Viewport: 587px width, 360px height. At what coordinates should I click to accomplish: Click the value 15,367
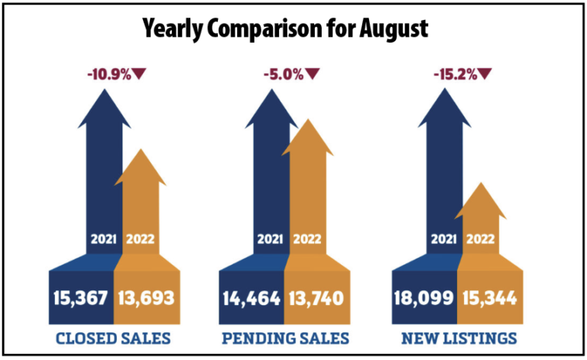pos(81,296)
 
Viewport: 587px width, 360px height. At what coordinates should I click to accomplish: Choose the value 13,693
pos(147,296)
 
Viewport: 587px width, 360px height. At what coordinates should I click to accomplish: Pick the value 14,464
pos(251,296)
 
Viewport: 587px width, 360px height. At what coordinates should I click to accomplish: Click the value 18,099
pos(423,296)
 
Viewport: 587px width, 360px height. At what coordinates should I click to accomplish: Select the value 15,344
pos(488,296)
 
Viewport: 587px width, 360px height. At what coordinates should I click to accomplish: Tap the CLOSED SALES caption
pos(114,337)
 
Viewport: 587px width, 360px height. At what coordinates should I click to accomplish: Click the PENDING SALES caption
pos(284,337)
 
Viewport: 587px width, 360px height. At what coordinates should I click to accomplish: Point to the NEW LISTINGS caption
pos(456,337)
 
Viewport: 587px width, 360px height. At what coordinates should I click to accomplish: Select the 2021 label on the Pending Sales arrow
pos(269,238)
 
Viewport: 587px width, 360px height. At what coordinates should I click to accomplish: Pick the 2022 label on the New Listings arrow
pos(481,238)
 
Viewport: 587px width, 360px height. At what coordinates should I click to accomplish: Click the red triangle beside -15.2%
pos(484,73)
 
